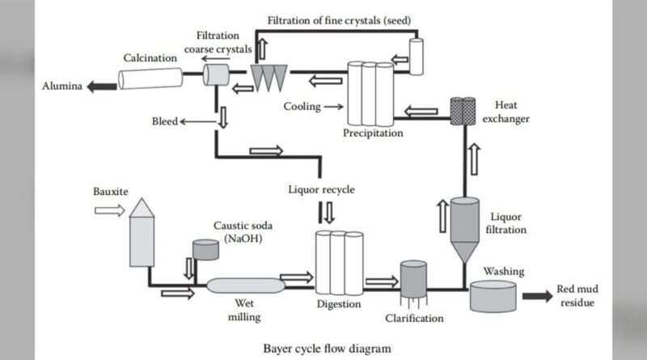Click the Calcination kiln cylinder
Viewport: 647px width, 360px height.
tap(150, 78)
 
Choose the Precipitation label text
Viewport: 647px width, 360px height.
tap(372, 133)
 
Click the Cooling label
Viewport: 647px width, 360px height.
tap(301, 106)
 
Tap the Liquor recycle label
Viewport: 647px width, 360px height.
tap(321, 191)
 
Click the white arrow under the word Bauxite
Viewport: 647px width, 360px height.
tap(109, 210)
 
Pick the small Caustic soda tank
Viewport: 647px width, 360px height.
tap(205, 249)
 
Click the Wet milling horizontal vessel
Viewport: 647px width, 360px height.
tap(245, 286)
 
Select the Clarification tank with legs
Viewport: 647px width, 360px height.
tap(413, 280)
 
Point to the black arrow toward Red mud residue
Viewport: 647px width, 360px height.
tap(537, 295)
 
